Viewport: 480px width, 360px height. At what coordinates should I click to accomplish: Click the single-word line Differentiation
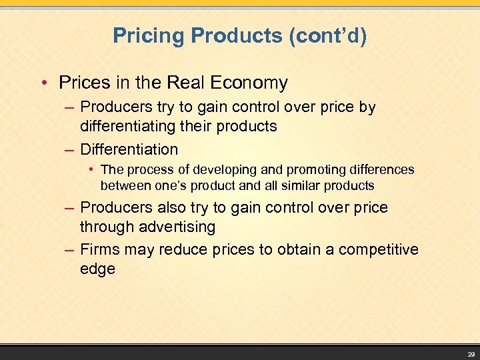[129, 149]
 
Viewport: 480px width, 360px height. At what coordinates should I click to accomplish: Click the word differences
[380, 170]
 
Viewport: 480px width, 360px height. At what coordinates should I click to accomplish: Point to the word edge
[97, 269]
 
